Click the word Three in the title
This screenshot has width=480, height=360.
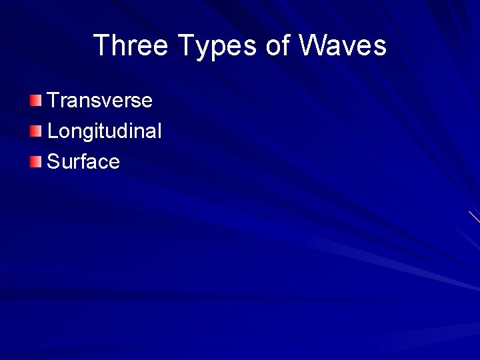[x=131, y=45]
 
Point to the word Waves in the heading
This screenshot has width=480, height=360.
[x=343, y=45]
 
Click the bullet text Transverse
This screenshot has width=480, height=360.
[x=100, y=101]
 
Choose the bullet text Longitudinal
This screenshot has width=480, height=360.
[x=105, y=131]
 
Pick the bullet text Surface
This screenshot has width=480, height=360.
[x=83, y=162]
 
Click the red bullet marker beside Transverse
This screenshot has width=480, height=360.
[x=35, y=101]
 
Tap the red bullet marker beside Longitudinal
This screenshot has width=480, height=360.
[x=35, y=131]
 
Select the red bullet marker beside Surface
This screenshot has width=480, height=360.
[x=35, y=161]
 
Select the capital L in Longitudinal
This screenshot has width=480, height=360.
[x=53, y=131]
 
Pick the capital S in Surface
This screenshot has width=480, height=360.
[x=54, y=162]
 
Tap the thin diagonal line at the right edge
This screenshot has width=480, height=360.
[x=474, y=217]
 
